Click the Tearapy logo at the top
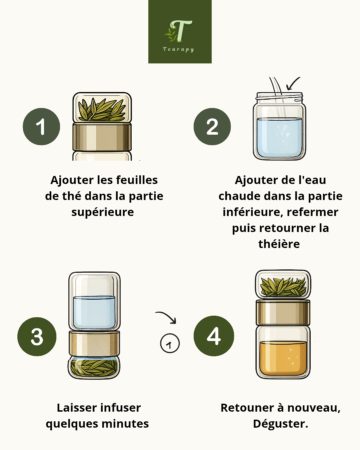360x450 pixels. coord(180,32)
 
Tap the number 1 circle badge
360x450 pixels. coord(41,127)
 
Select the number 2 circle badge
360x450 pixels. coord(212,127)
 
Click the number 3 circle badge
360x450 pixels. coord(37,336)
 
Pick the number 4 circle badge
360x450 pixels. coord(214,336)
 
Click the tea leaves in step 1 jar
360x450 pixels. coord(102,109)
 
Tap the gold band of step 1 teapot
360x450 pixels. coord(102,137)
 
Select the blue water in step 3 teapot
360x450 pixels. coord(94,312)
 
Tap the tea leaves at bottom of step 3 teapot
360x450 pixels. coord(94,367)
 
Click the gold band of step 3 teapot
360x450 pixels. coord(94,344)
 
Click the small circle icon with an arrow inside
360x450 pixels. coord(170,343)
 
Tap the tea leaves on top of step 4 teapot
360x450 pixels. coord(283,286)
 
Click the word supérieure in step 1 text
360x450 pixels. coord(103,212)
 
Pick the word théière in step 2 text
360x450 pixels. coord(279,244)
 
